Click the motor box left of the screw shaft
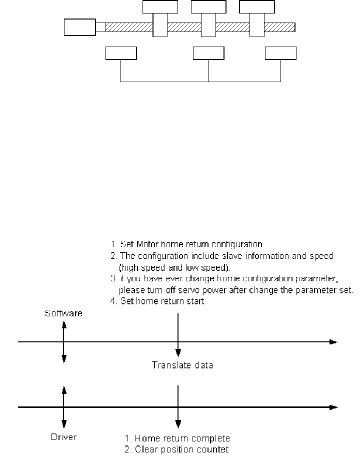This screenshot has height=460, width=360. pyautogui.click(x=79, y=28)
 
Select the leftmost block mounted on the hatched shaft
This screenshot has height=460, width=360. pyautogui.click(x=160, y=19)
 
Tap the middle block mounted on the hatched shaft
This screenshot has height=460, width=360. pyautogui.click(x=208, y=19)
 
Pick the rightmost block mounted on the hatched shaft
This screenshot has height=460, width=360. pyautogui.click(x=257, y=19)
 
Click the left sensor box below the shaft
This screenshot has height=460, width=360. pyautogui.click(x=121, y=53)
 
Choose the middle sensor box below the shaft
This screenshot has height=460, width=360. pyautogui.click(x=208, y=53)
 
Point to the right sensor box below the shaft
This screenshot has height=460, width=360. pyautogui.click(x=280, y=53)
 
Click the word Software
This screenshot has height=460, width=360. pyautogui.click(x=63, y=313)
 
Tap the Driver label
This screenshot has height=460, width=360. pyautogui.click(x=63, y=437)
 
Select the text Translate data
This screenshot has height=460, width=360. pyautogui.click(x=182, y=365)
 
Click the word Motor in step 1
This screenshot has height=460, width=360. pyautogui.click(x=147, y=244)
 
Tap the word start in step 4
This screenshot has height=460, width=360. pyautogui.click(x=196, y=301)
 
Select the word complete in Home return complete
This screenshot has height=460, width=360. pyautogui.click(x=212, y=438)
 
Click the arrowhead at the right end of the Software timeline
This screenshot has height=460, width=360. pyautogui.click(x=333, y=342)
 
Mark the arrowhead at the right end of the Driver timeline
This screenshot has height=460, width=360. pyautogui.click(x=333, y=407)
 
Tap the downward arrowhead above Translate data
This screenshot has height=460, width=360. pyautogui.click(x=178, y=353)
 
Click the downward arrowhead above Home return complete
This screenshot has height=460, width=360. pyautogui.click(x=178, y=424)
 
